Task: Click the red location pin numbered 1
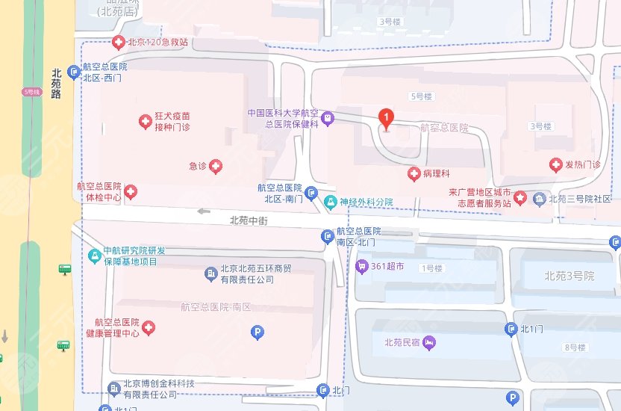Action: (386, 118)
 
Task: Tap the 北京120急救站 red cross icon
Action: (117, 42)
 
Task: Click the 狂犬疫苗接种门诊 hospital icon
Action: (145, 121)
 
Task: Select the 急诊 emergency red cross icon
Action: (216, 166)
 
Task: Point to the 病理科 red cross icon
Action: (413, 174)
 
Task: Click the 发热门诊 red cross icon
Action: (555, 164)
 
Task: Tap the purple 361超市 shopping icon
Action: (362, 265)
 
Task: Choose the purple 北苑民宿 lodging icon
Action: (428, 343)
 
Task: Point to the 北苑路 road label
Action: (56, 84)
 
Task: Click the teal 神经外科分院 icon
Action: (330, 202)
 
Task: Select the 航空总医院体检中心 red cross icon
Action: (131, 193)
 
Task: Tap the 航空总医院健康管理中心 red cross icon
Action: (148, 327)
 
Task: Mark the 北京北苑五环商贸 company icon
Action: (210, 274)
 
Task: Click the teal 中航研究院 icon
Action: (94, 256)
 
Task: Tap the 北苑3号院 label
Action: (569, 276)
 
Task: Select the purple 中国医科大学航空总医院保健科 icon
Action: (327, 118)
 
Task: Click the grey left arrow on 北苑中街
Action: (204, 211)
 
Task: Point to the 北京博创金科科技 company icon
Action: (113, 388)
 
